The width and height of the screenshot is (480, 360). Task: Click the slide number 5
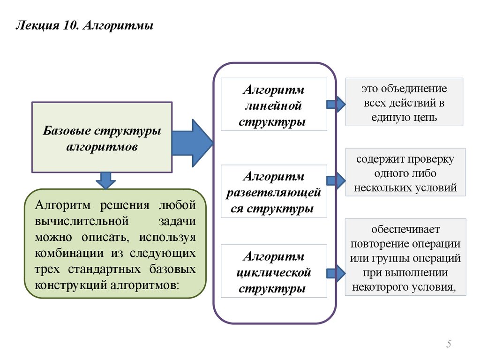click(449, 345)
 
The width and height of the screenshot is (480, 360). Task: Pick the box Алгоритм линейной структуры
click(274, 105)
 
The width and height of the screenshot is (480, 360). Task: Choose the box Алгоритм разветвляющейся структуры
click(274, 191)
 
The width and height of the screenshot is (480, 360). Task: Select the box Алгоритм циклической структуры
click(274, 271)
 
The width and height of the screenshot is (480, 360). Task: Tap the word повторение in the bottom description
click(379, 244)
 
